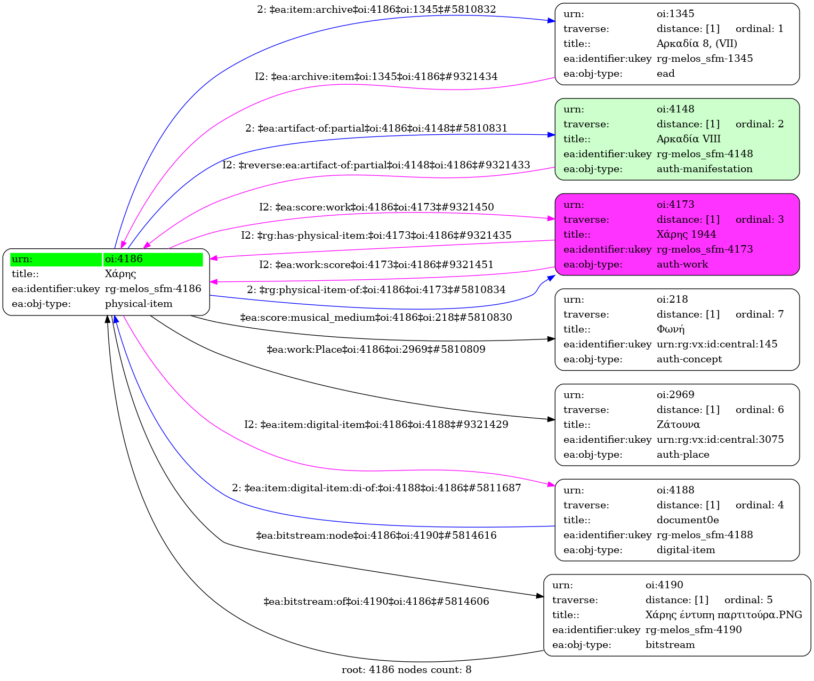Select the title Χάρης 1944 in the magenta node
[x=686, y=234]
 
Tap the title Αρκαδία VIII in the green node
[x=688, y=139]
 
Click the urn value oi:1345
[x=675, y=14]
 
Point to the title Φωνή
[x=670, y=329]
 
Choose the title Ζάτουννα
[x=678, y=425]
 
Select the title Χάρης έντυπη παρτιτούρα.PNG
[x=723, y=615]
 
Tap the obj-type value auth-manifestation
[x=704, y=169]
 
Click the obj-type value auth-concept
[x=689, y=359]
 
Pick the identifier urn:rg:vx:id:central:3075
[x=720, y=440]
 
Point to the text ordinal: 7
[x=760, y=314]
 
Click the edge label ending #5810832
[x=376, y=10]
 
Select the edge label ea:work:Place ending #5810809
[x=376, y=350]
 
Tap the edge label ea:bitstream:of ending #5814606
[x=376, y=602]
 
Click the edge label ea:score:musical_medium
[x=376, y=318]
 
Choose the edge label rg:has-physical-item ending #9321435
[x=376, y=235]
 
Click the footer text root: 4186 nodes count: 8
[x=406, y=670]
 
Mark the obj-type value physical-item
[x=139, y=304]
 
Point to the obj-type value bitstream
[x=670, y=645]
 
